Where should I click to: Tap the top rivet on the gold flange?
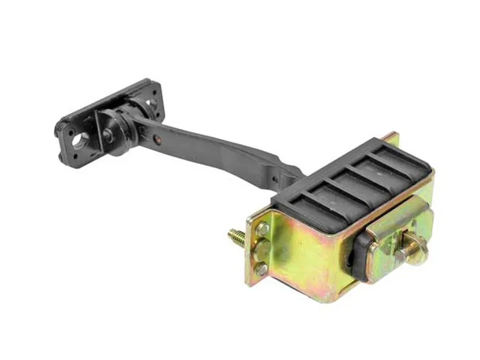click(263, 229)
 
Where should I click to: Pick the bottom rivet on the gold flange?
click(262, 269)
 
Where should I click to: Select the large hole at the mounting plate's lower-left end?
click(78, 141)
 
